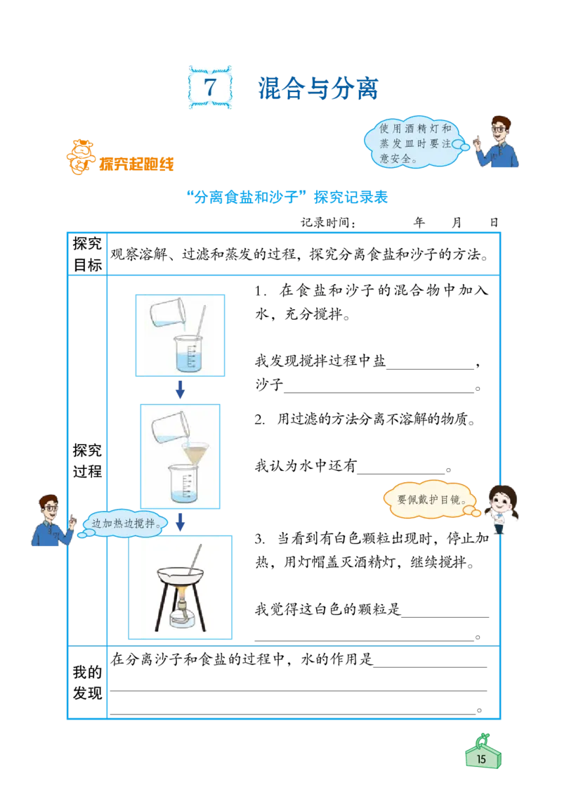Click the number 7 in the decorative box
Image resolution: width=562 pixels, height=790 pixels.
coord(210,87)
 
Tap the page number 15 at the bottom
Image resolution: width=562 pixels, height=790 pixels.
coord(482,758)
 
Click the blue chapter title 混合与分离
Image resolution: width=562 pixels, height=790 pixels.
coord(319,88)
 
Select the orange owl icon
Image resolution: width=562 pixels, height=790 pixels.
coord(78,157)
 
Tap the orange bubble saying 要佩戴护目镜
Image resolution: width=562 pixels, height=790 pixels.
coord(431,500)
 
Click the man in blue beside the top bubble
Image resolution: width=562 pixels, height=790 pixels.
coord(499,143)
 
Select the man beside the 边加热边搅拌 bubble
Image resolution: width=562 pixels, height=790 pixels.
coord(51,521)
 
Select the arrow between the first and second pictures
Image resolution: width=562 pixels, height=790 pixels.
coord(179,389)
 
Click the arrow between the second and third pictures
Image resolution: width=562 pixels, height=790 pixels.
coord(179,521)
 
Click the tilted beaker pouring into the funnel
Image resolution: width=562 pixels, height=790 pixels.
coord(166,427)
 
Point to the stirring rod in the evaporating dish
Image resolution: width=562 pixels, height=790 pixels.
coord(197,557)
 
